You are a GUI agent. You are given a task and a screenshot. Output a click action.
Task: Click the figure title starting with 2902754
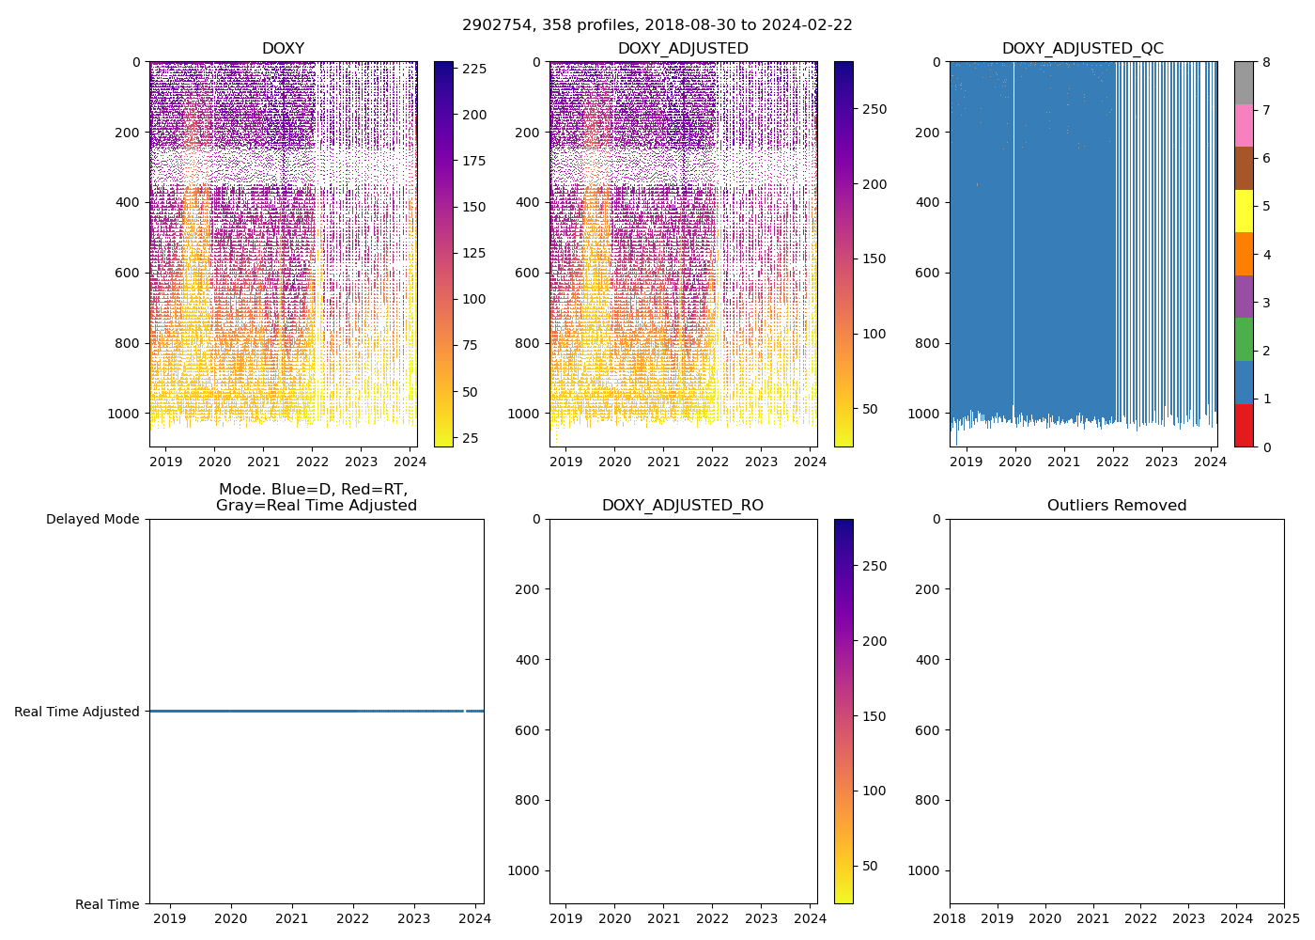657,25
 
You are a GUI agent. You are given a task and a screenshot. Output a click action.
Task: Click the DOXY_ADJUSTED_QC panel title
1082,49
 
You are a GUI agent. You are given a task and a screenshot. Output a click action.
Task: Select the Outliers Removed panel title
1117,506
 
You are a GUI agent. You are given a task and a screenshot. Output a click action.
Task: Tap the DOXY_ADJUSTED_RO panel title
683,506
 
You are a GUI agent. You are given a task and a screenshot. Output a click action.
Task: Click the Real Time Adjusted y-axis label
77,712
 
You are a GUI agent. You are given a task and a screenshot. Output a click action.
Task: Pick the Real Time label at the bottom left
107,904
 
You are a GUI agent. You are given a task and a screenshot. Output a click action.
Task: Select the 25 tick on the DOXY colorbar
469,438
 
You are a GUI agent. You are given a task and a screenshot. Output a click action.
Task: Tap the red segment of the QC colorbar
1244,425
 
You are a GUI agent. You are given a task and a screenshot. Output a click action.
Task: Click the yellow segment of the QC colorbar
1244,211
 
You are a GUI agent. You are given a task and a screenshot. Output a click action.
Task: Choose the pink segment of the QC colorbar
1244,125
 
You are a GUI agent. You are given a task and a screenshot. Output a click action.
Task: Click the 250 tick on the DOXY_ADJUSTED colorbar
874,109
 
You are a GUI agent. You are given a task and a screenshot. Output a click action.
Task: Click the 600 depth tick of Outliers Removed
928,730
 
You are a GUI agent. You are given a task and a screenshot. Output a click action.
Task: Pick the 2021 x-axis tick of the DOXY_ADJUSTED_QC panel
1064,462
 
